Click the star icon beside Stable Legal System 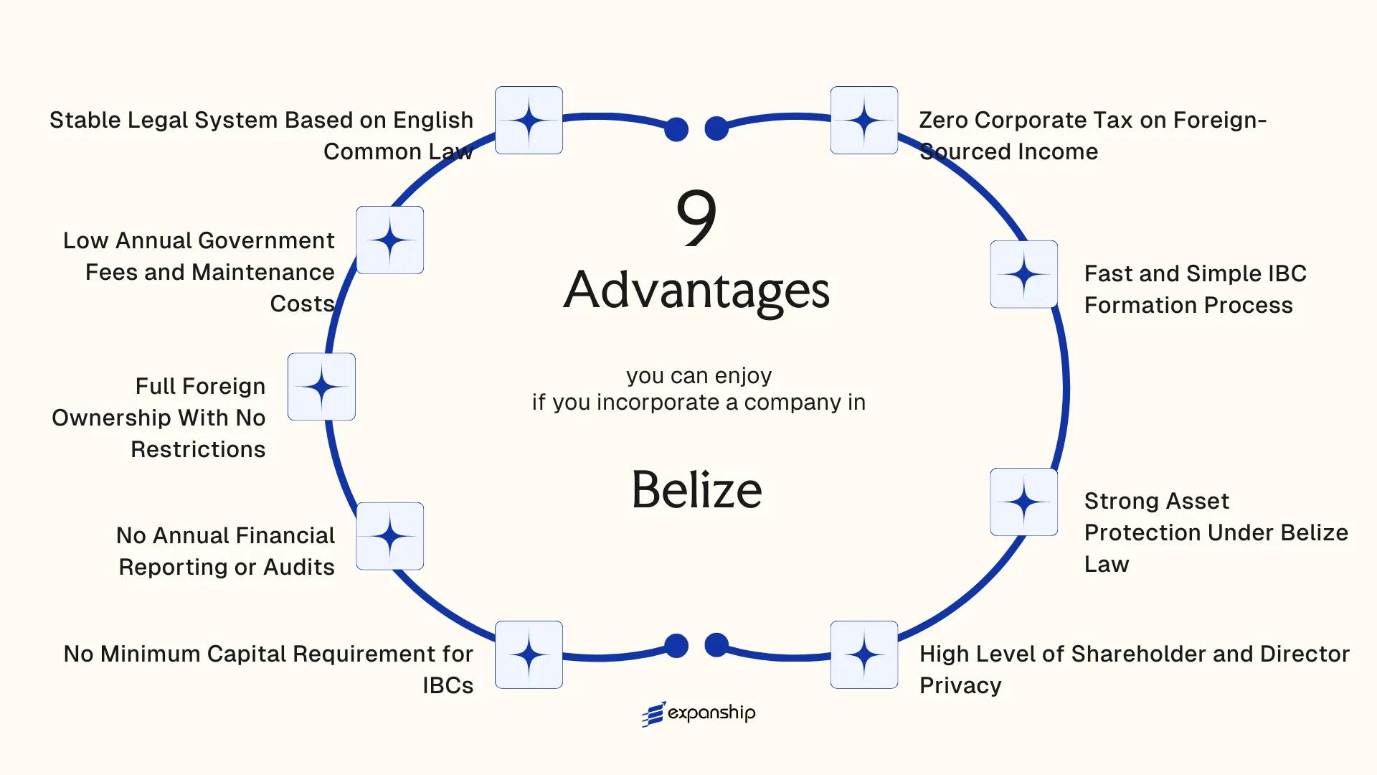point(529,120)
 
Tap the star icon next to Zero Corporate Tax point(863,120)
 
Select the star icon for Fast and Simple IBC point(1023,274)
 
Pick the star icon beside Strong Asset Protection point(1023,502)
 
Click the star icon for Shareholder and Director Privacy point(863,654)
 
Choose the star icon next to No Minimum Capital point(529,654)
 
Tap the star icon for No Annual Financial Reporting point(389,536)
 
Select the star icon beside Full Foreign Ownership point(321,387)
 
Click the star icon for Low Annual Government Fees point(389,240)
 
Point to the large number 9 point(696,217)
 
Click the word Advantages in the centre point(696,291)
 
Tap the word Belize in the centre point(696,489)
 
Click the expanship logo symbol point(653,714)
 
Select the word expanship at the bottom point(711,713)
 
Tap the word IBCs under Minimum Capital point(448,685)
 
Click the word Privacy point(960,685)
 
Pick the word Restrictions point(198,449)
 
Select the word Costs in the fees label point(302,304)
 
